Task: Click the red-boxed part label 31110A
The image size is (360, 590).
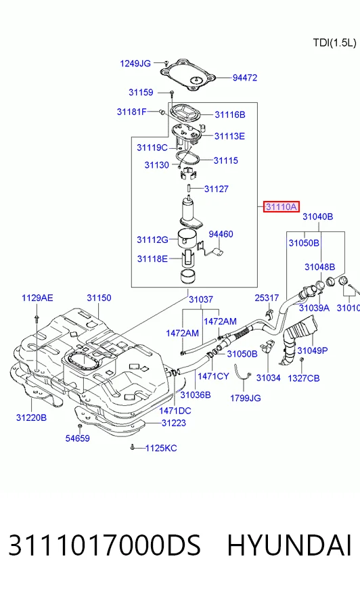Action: (x=282, y=206)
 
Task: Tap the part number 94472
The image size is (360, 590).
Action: (x=245, y=78)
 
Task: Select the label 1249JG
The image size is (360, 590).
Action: (x=135, y=64)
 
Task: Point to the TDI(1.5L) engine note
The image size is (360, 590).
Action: (x=334, y=43)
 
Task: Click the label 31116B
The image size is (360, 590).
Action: (x=230, y=114)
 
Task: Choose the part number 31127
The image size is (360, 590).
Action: (x=217, y=189)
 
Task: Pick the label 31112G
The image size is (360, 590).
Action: (x=152, y=240)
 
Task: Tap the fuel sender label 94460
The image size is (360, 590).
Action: (x=221, y=234)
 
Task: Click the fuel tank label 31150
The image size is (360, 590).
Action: (x=99, y=298)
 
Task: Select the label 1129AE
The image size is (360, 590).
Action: (x=37, y=298)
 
